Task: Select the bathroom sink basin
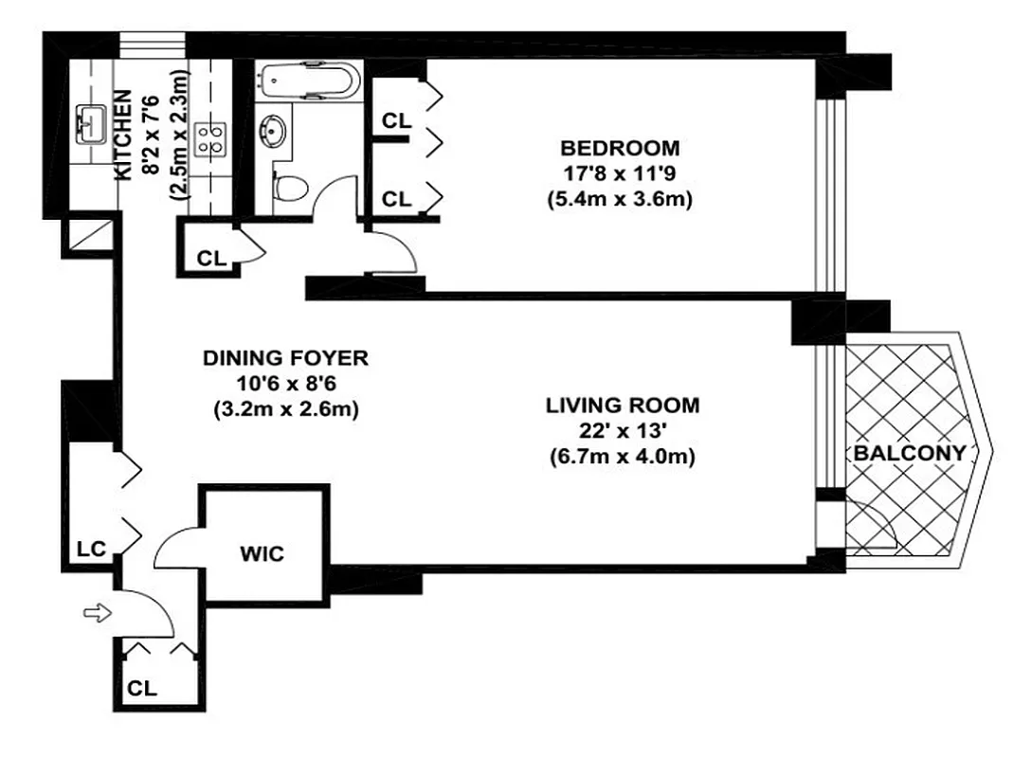coord(276,128)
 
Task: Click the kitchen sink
coord(92,122)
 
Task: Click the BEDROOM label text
coord(620,148)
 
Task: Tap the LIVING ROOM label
coord(623,406)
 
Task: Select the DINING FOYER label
coord(285,358)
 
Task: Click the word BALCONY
coord(909,453)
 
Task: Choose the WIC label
coord(262,554)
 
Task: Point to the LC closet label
coord(92,549)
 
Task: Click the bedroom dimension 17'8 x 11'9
coord(620,174)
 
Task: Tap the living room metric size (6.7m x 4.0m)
coord(623,458)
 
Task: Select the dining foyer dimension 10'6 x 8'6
coord(285,385)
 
